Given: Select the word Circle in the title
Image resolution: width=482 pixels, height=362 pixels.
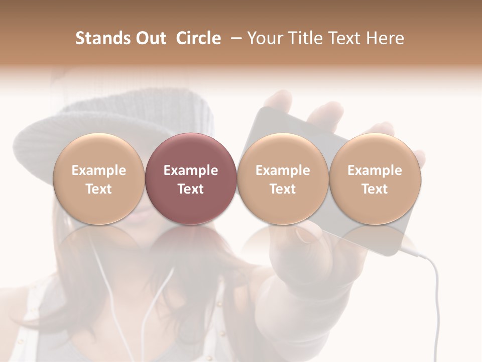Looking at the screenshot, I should click(x=198, y=38).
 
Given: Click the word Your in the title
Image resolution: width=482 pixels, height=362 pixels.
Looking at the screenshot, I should click(x=263, y=38).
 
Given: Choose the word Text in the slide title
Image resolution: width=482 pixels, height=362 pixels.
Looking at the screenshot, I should click(x=341, y=38).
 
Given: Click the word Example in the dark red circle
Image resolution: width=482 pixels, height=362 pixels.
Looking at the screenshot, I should click(x=190, y=170).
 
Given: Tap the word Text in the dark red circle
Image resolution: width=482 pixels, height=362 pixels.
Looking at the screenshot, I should click(x=190, y=189).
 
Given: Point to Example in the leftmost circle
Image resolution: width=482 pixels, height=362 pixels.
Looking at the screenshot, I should click(x=98, y=170).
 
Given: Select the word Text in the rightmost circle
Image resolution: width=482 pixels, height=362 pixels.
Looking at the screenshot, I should click(x=375, y=189).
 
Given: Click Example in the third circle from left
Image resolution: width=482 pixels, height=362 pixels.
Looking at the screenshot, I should click(x=283, y=170).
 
